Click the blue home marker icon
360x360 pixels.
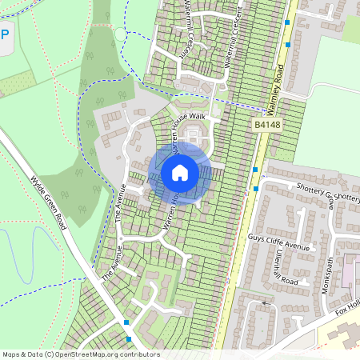[180, 173]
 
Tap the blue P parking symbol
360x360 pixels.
[5, 35]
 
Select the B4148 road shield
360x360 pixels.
[269, 126]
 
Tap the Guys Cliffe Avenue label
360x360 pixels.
[279, 241]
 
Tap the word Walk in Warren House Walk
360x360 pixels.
[197, 117]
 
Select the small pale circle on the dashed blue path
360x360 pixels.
[121, 34]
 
